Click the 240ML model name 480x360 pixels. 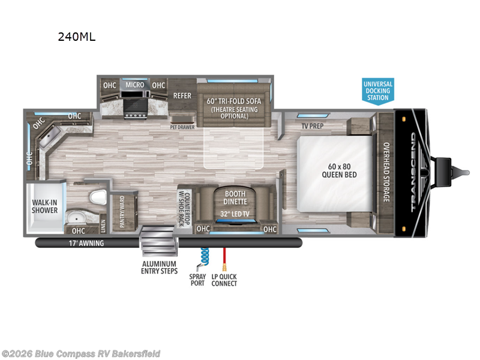pos(77,37)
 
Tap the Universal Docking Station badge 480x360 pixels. pos(378,91)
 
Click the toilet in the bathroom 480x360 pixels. pos(98,197)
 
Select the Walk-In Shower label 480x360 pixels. pos(44,206)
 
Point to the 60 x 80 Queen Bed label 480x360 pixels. pos(339,170)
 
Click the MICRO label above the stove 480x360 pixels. pos(134,85)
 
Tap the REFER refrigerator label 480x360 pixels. pos(182,96)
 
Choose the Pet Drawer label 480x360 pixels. pos(182,127)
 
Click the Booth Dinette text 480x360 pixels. pos(235,198)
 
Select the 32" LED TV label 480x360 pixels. pos(235,214)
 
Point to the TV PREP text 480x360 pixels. pos(313,126)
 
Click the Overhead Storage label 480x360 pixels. pos(386,172)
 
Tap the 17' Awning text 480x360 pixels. pos(86,244)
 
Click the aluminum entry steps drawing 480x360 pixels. pos(159,241)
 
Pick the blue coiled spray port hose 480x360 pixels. pos(203,258)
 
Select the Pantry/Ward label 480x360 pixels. pos(122,212)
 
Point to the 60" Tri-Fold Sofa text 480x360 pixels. pos(234,101)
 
